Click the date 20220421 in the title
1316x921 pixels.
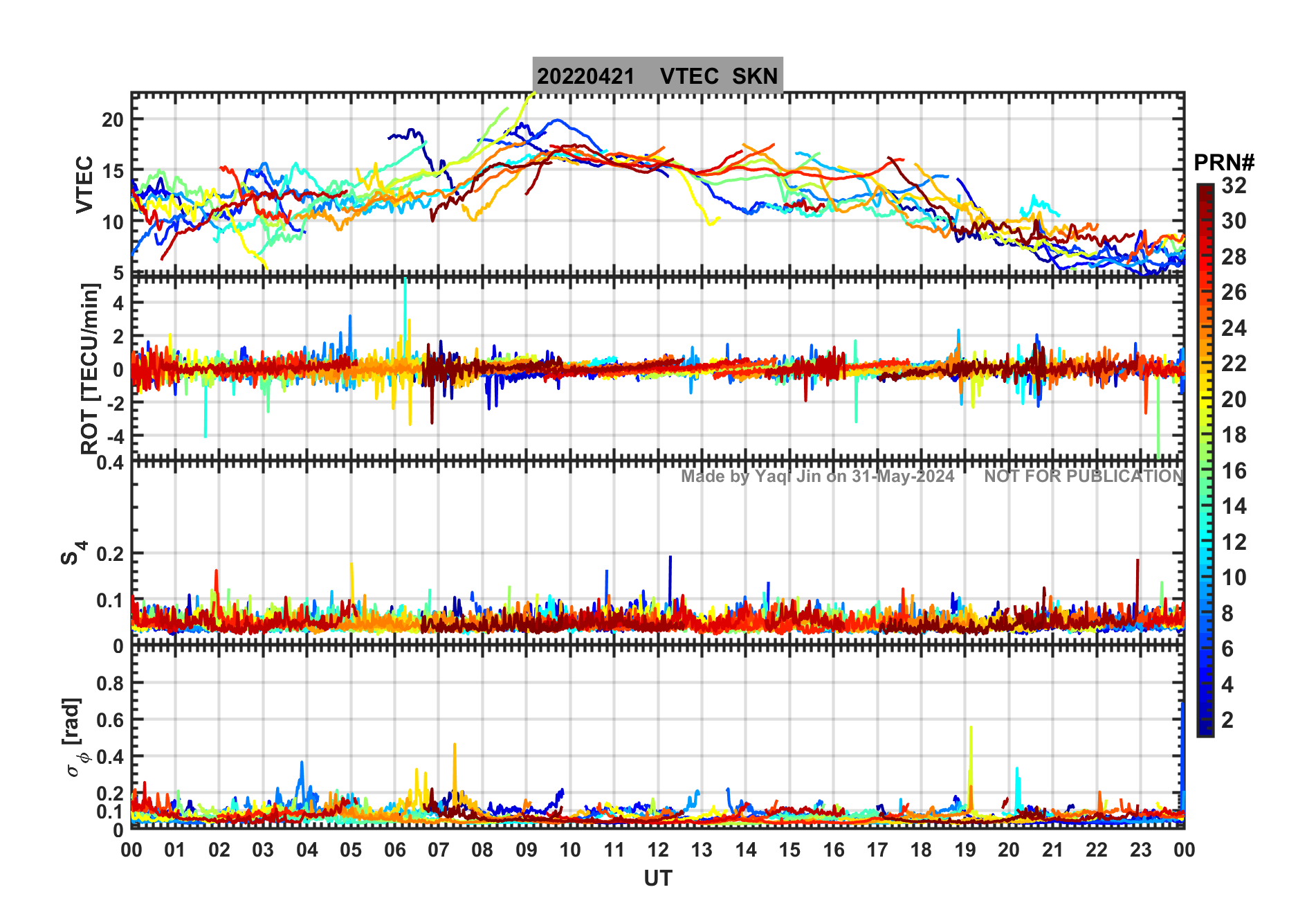coord(585,76)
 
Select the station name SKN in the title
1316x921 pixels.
coord(755,76)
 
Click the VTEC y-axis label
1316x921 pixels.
coord(84,184)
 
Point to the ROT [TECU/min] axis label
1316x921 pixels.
coord(89,368)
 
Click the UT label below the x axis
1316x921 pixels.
coord(657,879)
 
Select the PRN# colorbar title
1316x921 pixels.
coord(1223,163)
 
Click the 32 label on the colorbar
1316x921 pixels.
coord(1234,186)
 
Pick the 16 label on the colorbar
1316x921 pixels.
coord(1234,471)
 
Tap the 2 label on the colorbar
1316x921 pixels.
coord(1227,720)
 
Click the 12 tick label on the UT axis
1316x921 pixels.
coord(657,850)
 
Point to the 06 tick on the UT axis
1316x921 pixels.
coord(394,850)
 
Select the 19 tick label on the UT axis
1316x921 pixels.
coord(965,850)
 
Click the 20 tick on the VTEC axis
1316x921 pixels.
coord(113,120)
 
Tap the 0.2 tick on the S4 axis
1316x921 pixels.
coord(110,554)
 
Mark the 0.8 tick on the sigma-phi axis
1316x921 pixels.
coord(110,683)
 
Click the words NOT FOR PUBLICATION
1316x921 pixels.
coord(1084,476)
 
